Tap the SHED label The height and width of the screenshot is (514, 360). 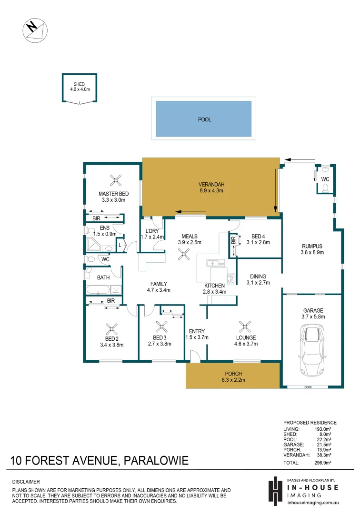(x=80, y=84)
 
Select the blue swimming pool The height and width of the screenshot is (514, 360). (x=204, y=119)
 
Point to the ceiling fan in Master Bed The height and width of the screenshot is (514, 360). (x=116, y=180)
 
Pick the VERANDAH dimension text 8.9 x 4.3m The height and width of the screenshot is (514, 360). (x=211, y=190)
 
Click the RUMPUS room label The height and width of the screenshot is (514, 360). (x=312, y=246)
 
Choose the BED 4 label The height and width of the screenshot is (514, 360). (x=259, y=236)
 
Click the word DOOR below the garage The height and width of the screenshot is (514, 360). (x=308, y=387)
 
